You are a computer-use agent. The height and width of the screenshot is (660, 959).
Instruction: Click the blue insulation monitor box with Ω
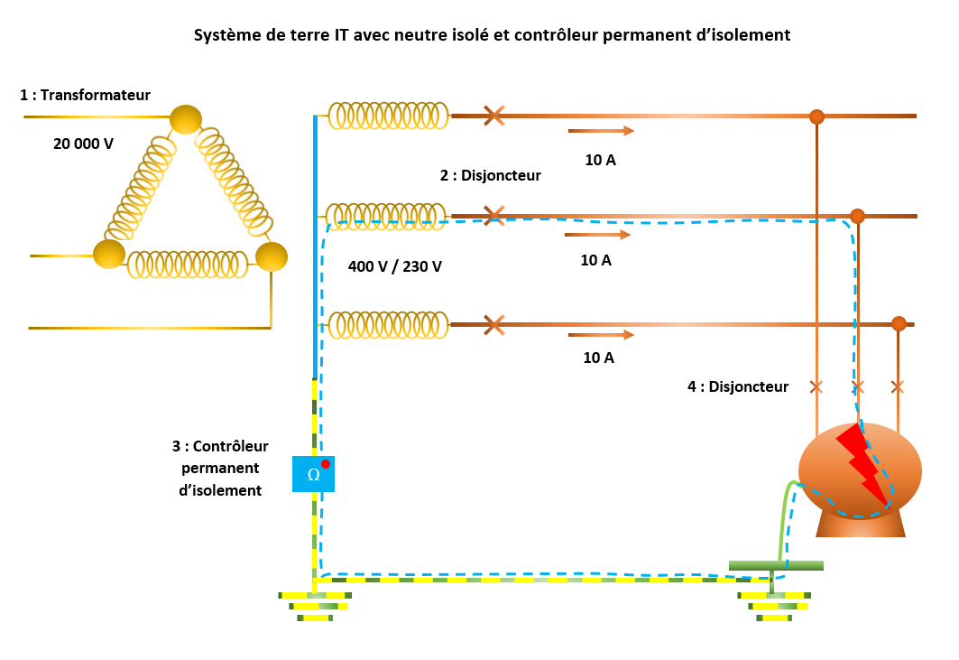[313, 474]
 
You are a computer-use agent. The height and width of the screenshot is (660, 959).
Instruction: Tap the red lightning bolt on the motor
[862, 463]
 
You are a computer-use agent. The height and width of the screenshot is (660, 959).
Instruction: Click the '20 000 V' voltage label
[83, 143]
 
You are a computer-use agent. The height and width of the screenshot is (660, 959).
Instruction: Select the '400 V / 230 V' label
[395, 266]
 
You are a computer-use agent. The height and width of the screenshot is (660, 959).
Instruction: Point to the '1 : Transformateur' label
[85, 95]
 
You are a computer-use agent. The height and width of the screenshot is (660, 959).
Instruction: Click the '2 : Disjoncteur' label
[490, 175]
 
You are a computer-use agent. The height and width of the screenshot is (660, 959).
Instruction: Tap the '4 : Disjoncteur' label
[738, 386]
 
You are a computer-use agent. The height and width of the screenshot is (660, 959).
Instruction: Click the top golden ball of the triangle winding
[186, 119]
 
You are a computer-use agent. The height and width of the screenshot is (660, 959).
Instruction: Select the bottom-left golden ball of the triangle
[109, 254]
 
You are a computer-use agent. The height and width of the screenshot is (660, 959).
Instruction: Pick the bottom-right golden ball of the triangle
[271, 256]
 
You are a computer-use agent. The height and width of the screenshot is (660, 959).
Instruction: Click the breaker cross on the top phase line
[493, 116]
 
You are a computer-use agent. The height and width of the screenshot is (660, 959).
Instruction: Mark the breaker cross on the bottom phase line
[493, 324]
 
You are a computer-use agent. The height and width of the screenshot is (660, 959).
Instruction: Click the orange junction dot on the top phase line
[816, 116]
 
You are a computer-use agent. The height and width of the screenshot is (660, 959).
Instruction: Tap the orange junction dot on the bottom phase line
[899, 324]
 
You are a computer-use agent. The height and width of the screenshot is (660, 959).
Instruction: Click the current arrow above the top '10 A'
[601, 131]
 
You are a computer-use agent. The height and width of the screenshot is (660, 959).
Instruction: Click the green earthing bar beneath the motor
[776, 566]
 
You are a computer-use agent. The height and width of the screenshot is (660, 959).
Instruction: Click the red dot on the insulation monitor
[326, 464]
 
